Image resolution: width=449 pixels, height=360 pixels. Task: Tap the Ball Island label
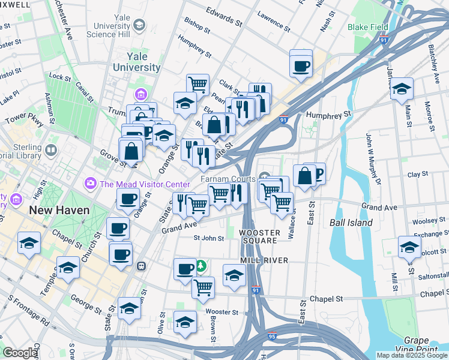tap(351, 223)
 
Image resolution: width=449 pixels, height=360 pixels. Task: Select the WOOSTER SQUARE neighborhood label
tap(259, 236)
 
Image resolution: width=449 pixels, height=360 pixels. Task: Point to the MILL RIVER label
tap(264, 260)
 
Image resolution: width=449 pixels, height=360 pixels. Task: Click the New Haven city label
tap(60, 211)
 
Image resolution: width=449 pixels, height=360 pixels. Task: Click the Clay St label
tap(417, 175)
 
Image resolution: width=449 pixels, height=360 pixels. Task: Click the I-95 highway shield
tap(271, 337)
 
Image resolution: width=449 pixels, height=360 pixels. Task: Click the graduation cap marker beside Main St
tap(401, 89)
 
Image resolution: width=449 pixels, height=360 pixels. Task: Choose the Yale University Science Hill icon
tap(139, 25)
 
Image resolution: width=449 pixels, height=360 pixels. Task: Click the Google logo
tap(19, 353)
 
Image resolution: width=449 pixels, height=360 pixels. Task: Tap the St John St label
tap(208, 238)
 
